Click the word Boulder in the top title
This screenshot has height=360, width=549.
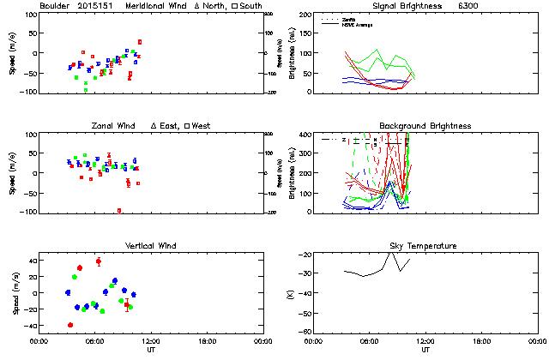coord(55,6)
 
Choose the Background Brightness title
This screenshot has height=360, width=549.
coord(425,126)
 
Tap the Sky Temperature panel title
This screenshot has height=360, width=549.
coord(425,246)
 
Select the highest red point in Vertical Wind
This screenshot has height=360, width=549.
coord(99,261)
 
